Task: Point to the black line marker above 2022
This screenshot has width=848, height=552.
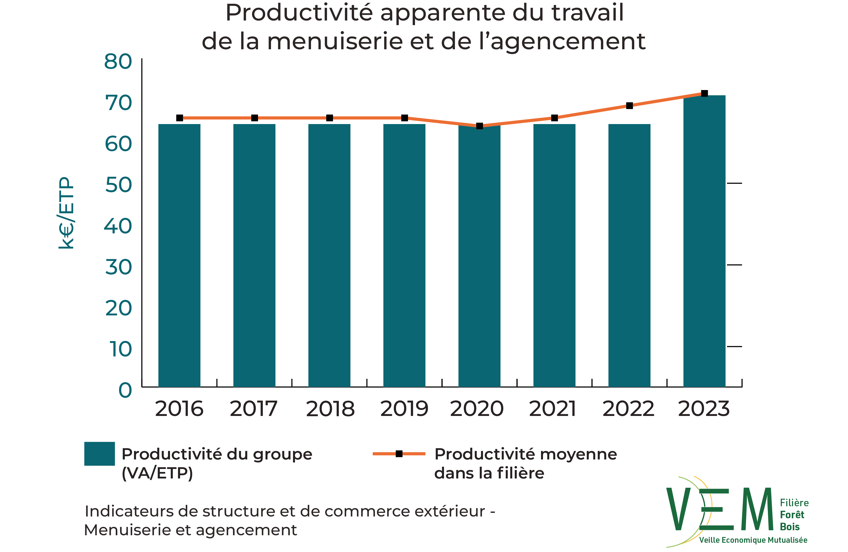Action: (x=629, y=106)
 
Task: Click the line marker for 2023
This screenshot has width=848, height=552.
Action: (x=704, y=93)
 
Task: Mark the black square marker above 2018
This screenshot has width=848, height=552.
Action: (x=329, y=118)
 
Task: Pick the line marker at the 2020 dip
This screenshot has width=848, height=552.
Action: (x=479, y=126)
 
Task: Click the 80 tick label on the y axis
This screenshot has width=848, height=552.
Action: (x=118, y=62)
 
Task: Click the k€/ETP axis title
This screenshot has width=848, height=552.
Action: (x=66, y=213)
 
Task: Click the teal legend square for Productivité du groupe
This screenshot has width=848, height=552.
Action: (x=99, y=454)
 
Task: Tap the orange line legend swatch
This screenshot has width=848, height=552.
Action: (x=399, y=454)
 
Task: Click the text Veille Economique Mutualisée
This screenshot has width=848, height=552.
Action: (x=753, y=540)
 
